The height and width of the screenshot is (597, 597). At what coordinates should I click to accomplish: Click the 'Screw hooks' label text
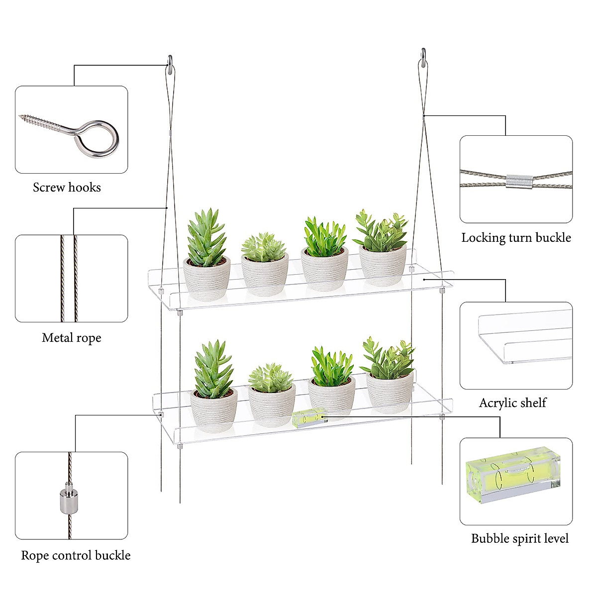click(x=67, y=188)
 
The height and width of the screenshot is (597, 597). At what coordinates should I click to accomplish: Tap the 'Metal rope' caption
click(x=72, y=338)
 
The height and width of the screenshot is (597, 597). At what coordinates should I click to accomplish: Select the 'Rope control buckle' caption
click(x=76, y=556)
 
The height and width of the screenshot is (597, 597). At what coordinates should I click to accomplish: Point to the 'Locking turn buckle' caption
click(x=516, y=238)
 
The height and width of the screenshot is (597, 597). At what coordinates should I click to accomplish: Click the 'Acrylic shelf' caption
click(x=512, y=403)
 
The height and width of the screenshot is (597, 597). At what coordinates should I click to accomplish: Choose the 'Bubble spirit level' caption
click(x=519, y=539)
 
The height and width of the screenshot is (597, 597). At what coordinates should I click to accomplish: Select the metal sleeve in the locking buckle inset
click(x=519, y=181)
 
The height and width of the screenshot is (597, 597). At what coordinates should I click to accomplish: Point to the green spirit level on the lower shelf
click(x=309, y=418)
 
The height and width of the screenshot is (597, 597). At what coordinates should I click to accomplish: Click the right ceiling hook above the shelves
click(x=423, y=58)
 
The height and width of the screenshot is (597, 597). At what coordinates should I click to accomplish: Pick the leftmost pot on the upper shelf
click(x=206, y=278)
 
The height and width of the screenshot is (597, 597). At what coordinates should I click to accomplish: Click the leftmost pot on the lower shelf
click(x=214, y=409)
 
